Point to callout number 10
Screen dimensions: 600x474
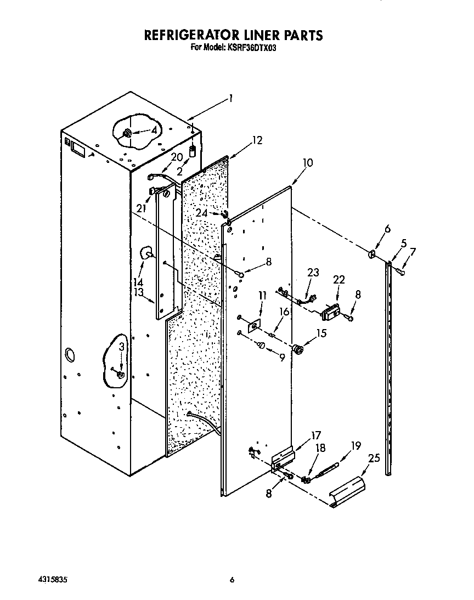point(307,163)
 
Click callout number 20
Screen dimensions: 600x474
point(176,156)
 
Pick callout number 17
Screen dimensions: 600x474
point(316,436)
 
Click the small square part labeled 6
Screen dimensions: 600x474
point(373,254)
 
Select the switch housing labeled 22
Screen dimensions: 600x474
point(330,314)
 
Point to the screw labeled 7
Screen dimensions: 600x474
point(403,271)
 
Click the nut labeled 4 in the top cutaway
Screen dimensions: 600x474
point(127,133)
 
